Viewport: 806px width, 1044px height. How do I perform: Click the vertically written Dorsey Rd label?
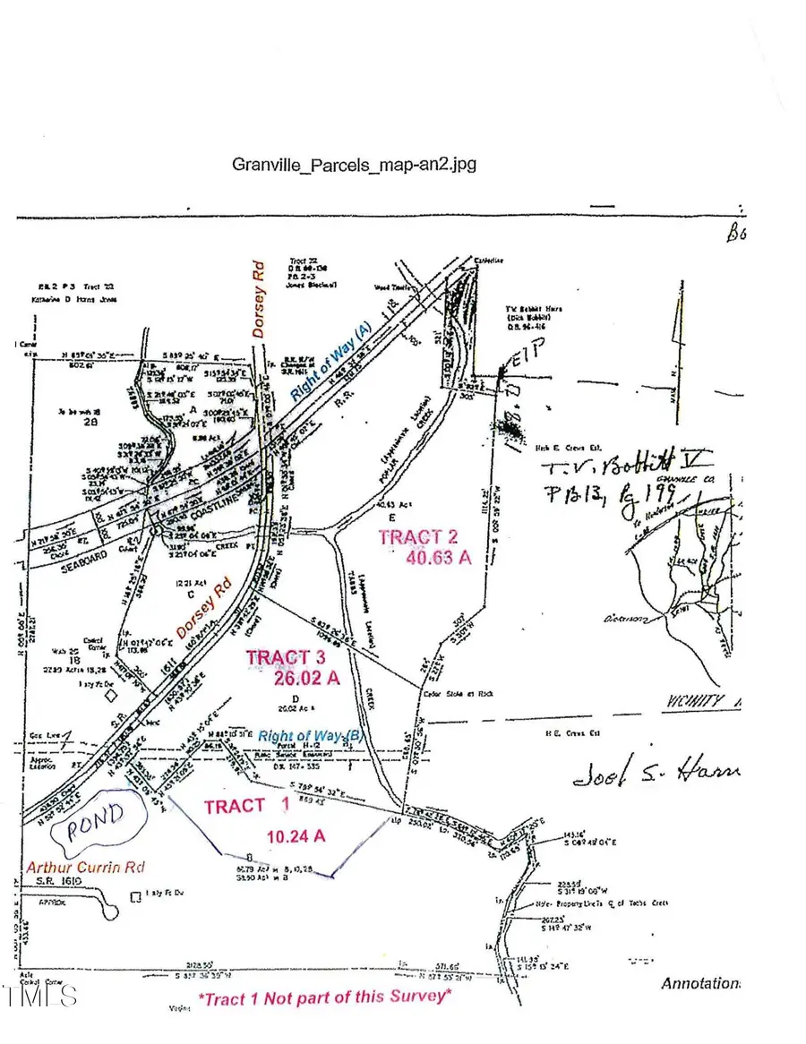click(x=259, y=298)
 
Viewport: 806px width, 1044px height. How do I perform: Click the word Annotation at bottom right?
click(x=700, y=984)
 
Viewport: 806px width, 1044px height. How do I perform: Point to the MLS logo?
click(x=40, y=995)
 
